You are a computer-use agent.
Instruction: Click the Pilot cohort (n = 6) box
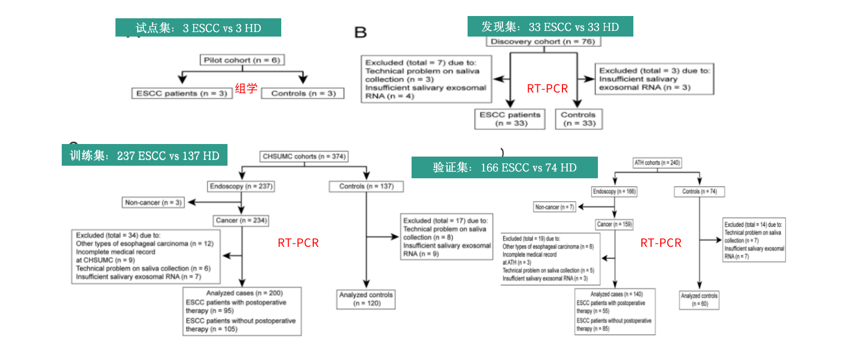(x=243, y=60)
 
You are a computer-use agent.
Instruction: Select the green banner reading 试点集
(x=198, y=27)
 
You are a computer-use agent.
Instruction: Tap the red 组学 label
(x=246, y=89)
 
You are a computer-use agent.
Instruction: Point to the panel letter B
(x=361, y=33)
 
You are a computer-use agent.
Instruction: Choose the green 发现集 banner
(x=550, y=27)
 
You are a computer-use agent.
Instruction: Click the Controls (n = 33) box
(x=578, y=119)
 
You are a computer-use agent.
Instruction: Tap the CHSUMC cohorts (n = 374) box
(x=304, y=156)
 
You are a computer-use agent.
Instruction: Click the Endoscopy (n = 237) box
(x=241, y=186)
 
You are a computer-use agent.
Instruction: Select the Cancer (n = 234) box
(x=242, y=220)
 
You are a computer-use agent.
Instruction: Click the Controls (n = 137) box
(x=366, y=186)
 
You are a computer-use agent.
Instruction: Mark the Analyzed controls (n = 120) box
(x=366, y=299)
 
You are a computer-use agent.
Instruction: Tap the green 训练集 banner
(x=145, y=155)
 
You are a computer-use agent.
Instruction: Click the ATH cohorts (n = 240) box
(x=657, y=163)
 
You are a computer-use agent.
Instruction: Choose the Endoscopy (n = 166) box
(x=614, y=191)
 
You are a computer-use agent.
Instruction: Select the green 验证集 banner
(x=504, y=167)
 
